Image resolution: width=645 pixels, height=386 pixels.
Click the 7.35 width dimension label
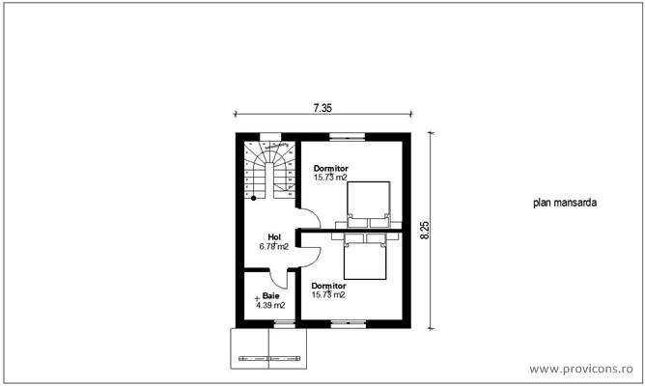pos(322,108)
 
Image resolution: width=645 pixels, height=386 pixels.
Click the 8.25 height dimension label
pos(424,229)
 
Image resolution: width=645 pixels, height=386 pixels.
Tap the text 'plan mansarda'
pos(564,204)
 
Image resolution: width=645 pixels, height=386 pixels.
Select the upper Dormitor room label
pos(330,168)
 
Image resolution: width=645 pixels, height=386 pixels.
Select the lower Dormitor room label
pos(328,286)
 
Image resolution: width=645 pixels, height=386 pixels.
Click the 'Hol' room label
pos(274,236)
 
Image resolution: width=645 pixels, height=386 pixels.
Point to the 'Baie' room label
pos(270,296)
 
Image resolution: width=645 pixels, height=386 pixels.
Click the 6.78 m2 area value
pos(275,246)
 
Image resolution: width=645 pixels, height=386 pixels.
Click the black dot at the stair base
pos(253,198)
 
